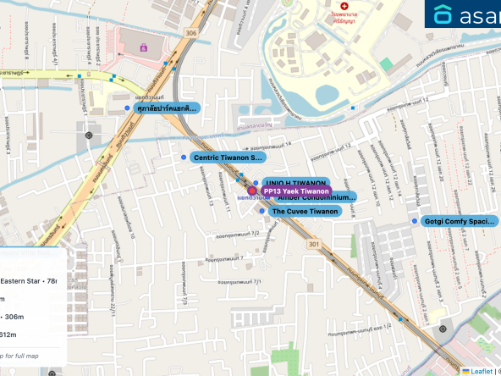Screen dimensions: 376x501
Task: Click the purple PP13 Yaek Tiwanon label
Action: coord(295,191)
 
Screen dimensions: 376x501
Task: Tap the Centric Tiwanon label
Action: coord(228,158)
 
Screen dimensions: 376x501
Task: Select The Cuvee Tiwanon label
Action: coord(305,211)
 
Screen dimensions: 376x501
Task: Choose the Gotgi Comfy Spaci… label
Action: coord(458,221)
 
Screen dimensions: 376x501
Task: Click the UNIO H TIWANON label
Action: coord(295,182)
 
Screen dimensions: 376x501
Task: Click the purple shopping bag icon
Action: coord(143,47)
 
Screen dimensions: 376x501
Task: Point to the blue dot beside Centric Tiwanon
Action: coord(183,158)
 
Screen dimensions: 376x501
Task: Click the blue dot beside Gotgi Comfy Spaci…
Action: coord(414,221)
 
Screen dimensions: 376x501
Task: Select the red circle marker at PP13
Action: coord(252,191)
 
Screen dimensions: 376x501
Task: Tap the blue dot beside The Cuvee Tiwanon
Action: coord(262,211)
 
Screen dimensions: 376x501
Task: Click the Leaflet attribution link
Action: coord(482,371)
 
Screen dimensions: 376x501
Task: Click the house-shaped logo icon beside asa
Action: coord(443,14)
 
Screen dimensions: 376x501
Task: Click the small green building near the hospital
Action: coord(387,64)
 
